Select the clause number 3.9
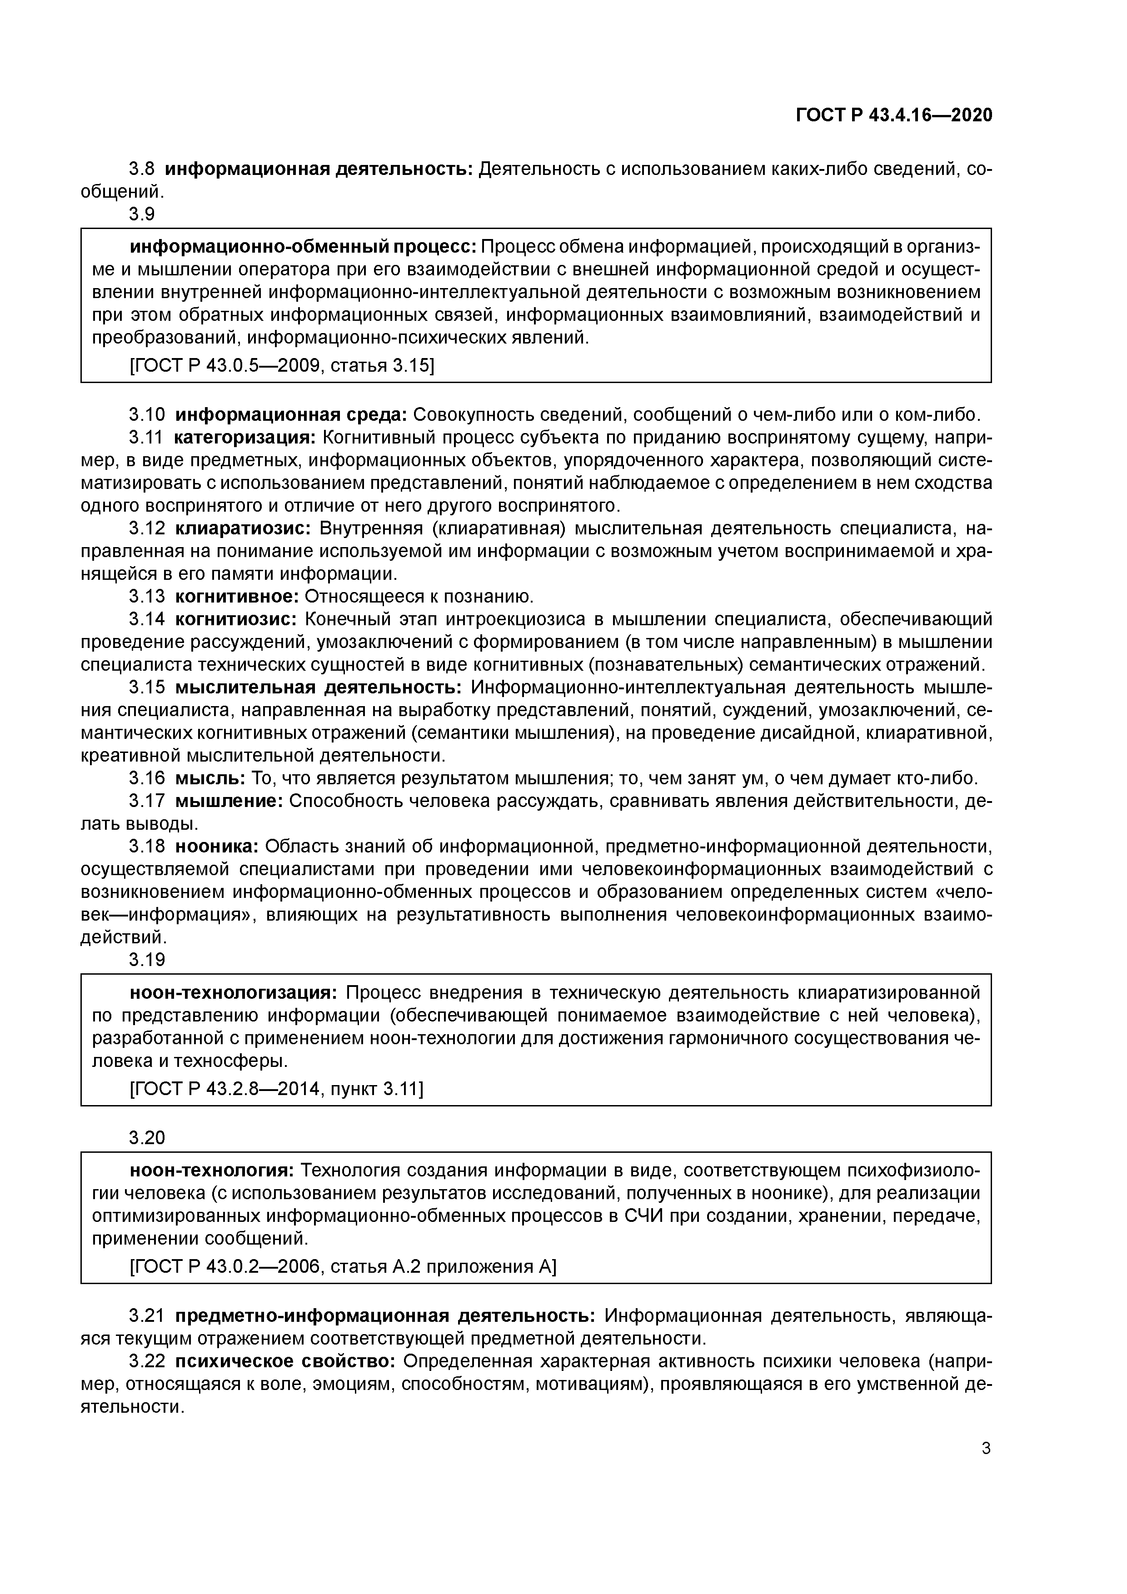142,214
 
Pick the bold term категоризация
244,438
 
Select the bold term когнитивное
237,596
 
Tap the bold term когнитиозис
236,619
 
